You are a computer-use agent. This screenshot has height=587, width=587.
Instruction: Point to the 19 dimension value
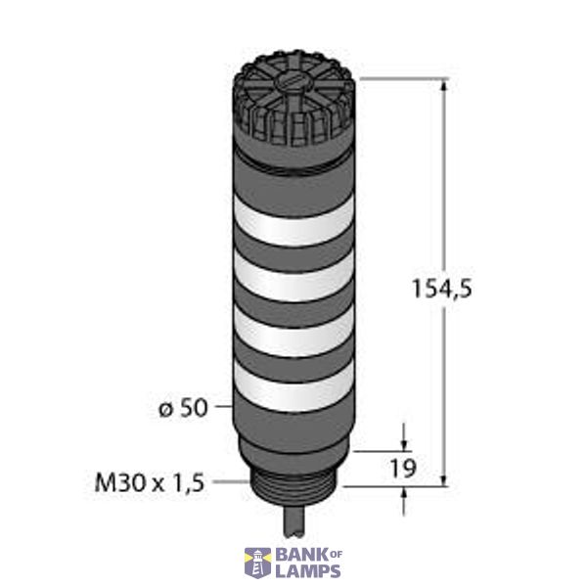(x=402, y=468)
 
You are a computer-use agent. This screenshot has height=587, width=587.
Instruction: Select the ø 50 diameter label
(x=185, y=408)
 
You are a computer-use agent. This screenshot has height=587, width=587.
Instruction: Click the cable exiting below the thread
(x=293, y=523)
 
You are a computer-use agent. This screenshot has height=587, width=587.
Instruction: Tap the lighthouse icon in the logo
(x=257, y=562)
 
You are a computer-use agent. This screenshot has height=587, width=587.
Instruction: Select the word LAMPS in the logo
(x=308, y=571)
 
